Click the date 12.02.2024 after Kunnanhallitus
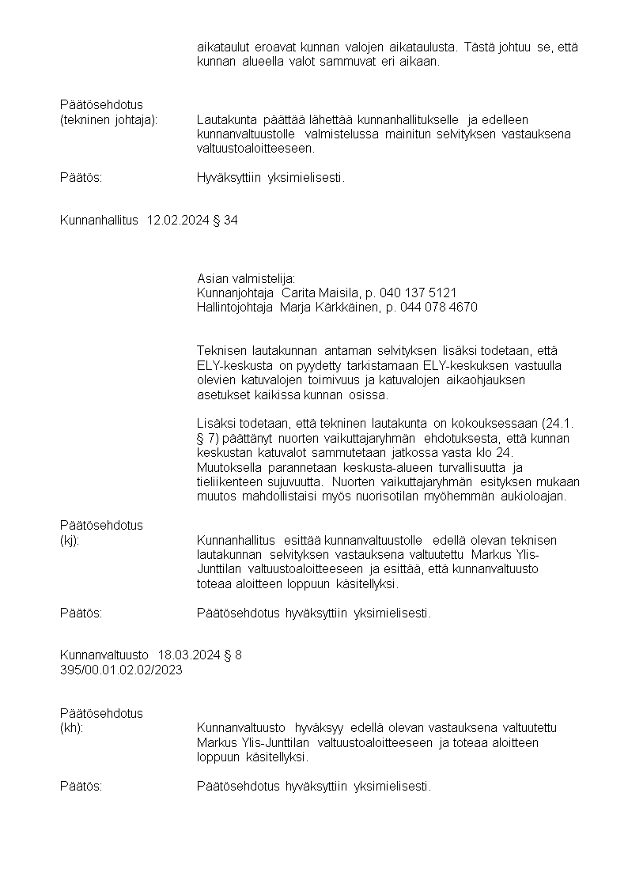178,220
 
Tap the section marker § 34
225,220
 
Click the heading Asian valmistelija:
245,278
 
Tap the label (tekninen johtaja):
109,119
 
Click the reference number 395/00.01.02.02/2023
121,669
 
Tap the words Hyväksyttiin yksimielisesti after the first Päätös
270,177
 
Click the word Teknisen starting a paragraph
221,349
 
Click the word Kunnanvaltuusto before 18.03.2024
104,655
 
